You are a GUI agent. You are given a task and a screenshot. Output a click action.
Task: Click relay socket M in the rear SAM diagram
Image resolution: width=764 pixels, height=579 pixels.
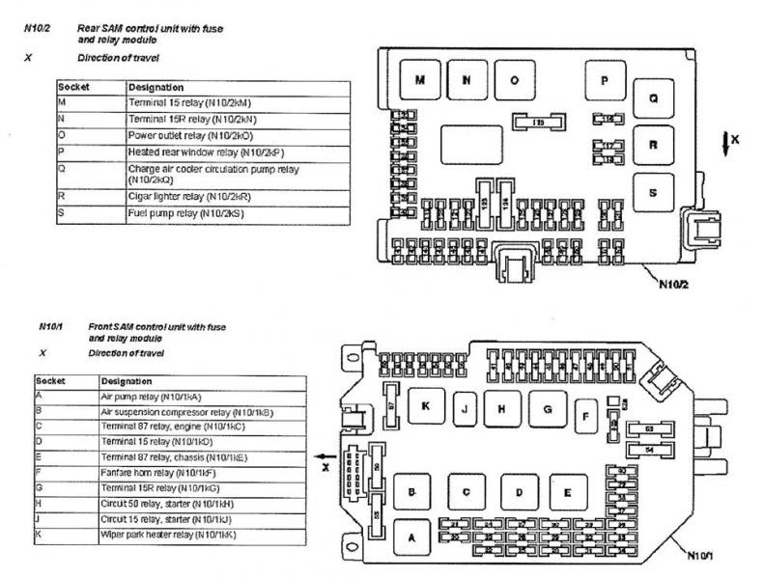[419, 81]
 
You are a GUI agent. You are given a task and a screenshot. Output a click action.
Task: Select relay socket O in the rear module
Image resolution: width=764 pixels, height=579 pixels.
[514, 81]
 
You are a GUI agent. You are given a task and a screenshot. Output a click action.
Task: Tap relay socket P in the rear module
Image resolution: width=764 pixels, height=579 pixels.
[605, 81]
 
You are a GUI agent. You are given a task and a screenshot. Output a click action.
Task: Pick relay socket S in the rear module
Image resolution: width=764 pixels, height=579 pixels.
[653, 193]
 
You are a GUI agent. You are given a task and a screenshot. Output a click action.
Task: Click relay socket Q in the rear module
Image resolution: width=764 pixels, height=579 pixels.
[653, 98]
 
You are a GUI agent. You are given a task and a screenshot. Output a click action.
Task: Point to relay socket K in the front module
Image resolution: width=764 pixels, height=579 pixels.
[425, 407]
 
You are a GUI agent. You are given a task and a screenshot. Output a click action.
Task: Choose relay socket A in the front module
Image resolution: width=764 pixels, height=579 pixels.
[412, 537]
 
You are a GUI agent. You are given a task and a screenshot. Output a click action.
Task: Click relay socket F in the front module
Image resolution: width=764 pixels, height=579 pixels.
[584, 418]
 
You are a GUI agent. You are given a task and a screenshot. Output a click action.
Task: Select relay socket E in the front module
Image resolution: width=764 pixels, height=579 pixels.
[567, 492]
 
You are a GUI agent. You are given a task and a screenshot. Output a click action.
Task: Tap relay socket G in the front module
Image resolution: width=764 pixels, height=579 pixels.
[547, 409]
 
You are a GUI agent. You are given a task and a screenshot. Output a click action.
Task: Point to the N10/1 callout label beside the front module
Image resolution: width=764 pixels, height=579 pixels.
[703, 557]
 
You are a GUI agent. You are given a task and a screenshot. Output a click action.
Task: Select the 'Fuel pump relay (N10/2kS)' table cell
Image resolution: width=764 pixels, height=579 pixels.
[184, 211]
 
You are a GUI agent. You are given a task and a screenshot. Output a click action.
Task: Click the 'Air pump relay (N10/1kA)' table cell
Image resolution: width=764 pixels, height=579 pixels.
[164, 396]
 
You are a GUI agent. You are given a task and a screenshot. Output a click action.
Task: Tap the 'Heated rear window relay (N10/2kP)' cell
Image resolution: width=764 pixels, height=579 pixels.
[194, 152]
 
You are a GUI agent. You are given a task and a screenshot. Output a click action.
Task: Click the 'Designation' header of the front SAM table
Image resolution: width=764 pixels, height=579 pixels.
[126, 380]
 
